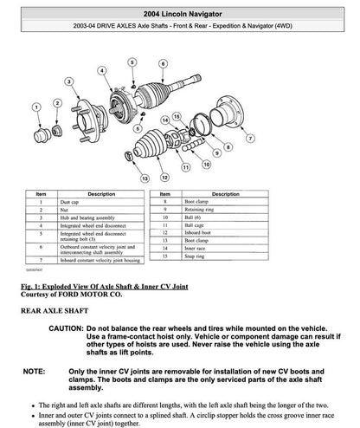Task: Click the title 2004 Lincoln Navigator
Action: point(180,10)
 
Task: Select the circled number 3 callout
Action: point(68,81)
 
